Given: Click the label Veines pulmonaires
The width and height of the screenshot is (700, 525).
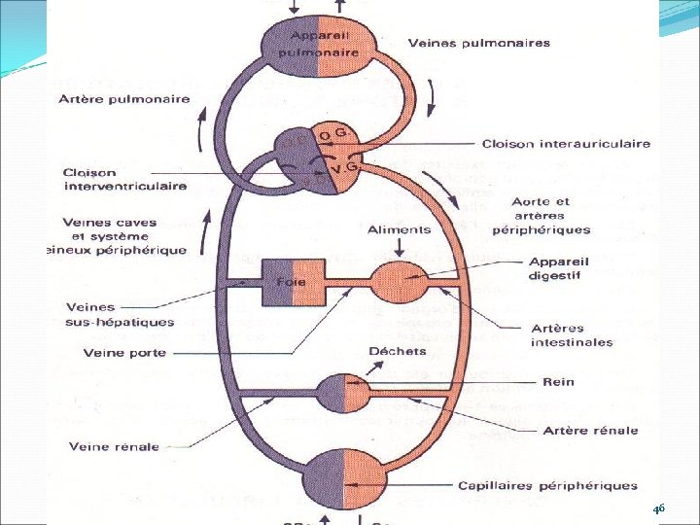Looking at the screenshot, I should tap(478, 43).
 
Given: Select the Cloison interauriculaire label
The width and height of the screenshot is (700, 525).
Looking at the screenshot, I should tap(566, 144).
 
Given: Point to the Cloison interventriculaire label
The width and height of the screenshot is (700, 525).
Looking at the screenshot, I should tap(123, 180).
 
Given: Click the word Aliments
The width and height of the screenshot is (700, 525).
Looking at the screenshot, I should tap(400, 229).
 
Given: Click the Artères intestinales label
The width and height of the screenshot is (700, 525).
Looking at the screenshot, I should tap(572, 334).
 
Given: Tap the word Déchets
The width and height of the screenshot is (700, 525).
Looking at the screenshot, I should tap(397, 351).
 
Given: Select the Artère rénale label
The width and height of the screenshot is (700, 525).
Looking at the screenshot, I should tap(590, 430).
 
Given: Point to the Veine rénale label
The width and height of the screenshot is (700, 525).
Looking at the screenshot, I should tap(110, 447).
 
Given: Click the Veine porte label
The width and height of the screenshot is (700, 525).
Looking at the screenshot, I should tap(124, 352).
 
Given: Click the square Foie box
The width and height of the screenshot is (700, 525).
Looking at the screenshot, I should tap(291, 283).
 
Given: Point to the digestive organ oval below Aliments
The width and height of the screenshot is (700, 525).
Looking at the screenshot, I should tap(400, 283).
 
